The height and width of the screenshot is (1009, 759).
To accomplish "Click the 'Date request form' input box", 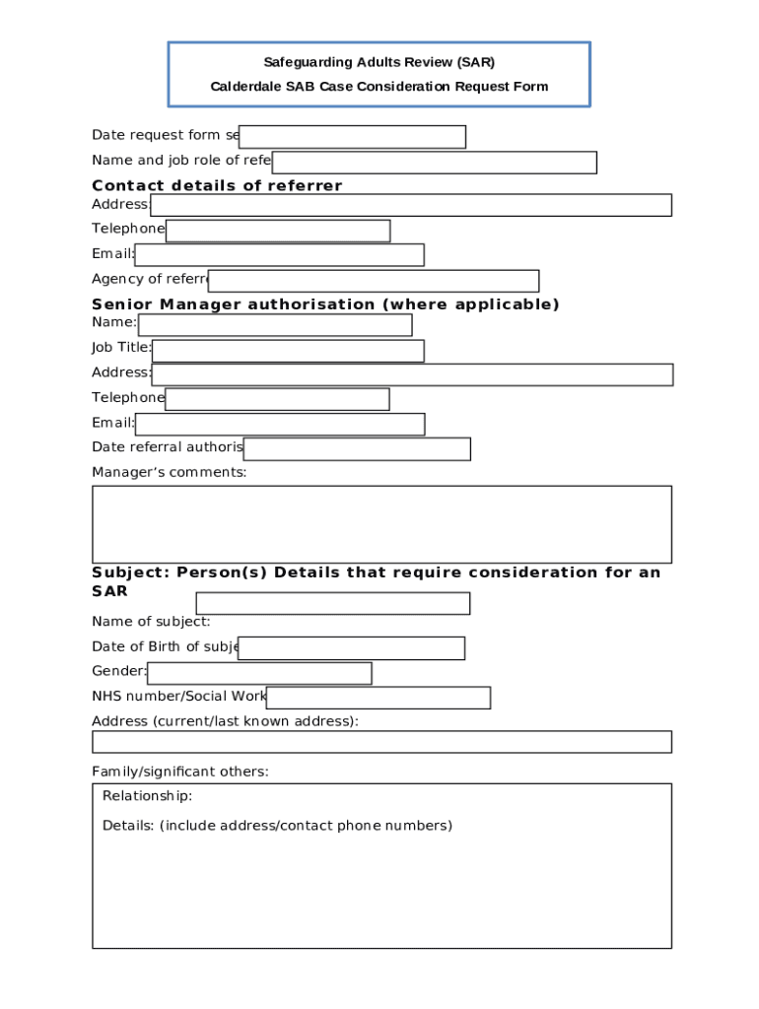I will pos(352,137).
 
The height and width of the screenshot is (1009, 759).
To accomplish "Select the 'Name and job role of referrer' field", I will pos(434,163).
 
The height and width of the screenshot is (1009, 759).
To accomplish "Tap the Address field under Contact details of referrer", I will pos(410,205).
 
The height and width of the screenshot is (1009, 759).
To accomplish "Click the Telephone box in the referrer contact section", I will pos(278,231).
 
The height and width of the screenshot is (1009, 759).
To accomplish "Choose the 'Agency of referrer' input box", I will pos(374,281).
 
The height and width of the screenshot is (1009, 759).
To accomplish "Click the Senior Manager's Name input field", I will pos(275,325).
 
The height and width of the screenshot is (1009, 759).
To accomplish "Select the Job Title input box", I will pos(288,351).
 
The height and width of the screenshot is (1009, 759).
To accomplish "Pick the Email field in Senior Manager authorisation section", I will pos(280,425).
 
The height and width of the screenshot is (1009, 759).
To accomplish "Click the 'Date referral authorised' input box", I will pos(357,449).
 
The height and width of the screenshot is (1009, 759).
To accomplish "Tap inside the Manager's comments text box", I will pos(381,524).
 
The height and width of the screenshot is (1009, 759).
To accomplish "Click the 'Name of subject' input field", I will pos(332,603).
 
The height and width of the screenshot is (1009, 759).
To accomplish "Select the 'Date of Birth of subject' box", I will pos(351,648).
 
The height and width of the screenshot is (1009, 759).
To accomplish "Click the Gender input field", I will pos(259,673).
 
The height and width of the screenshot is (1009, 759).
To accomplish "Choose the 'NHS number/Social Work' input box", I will pos(378,698).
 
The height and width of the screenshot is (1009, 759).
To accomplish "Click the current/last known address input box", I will pos(381,742).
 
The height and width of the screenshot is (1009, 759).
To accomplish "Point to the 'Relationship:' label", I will pos(147,796).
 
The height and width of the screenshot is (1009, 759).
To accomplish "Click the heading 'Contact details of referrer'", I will pos(217,185).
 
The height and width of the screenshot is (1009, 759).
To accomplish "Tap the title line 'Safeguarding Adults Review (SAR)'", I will pos(379,62).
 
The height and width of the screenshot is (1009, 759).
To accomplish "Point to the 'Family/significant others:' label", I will pos(179,772).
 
